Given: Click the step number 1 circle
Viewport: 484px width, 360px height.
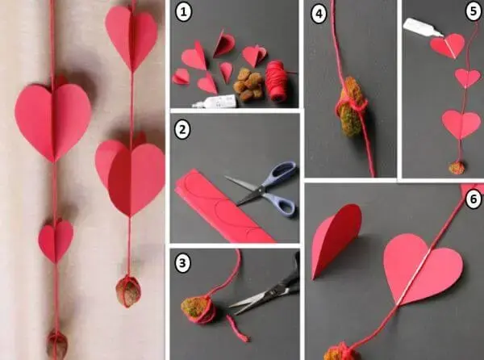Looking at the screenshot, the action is pos(183,12).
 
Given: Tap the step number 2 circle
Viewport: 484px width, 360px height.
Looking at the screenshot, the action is pos(182,129).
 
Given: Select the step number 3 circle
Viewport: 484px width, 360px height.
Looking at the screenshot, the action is pos(182,263).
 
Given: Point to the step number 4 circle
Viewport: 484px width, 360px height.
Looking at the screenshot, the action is pos(319,14).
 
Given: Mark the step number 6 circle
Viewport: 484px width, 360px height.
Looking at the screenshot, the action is pos(474,199).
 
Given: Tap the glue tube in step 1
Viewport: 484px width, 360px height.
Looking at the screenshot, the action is pos(215,102).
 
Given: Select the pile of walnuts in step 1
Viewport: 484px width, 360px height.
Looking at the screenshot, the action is pos(248,85).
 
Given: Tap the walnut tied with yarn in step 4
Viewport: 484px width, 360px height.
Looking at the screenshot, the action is pos(353,107).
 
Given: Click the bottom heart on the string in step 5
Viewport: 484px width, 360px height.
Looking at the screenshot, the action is pos(461,123).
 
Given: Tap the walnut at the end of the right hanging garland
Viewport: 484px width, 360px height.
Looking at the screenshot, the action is pos(128,291).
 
